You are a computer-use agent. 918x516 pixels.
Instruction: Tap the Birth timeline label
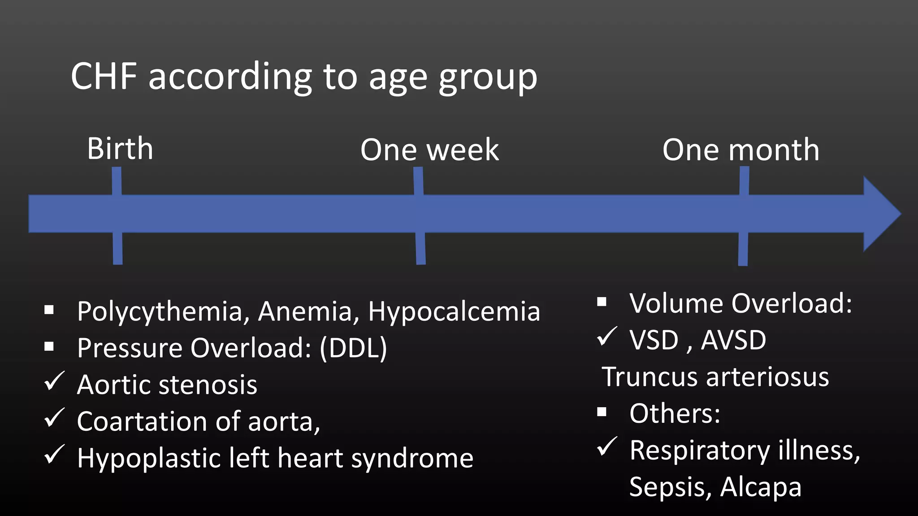click(x=120, y=149)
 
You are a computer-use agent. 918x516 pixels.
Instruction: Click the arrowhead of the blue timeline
click(x=881, y=214)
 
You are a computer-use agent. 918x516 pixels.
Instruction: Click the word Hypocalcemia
click(x=454, y=312)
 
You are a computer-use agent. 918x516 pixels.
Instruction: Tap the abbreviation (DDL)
click(x=353, y=348)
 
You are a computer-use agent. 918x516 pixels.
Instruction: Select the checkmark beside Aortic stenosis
click(x=55, y=382)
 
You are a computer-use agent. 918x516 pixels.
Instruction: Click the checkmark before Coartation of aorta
click(x=55, y=418)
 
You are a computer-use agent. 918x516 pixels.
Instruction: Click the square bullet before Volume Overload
click(x=602, y=302)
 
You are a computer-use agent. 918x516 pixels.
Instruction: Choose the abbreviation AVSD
click(x=733, y=340)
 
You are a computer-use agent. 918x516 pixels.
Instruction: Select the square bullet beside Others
click(x=602, y=412)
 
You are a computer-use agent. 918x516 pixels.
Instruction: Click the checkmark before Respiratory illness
click(x=607, y=447)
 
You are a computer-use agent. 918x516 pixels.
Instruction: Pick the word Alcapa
click(x=760, y=487)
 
